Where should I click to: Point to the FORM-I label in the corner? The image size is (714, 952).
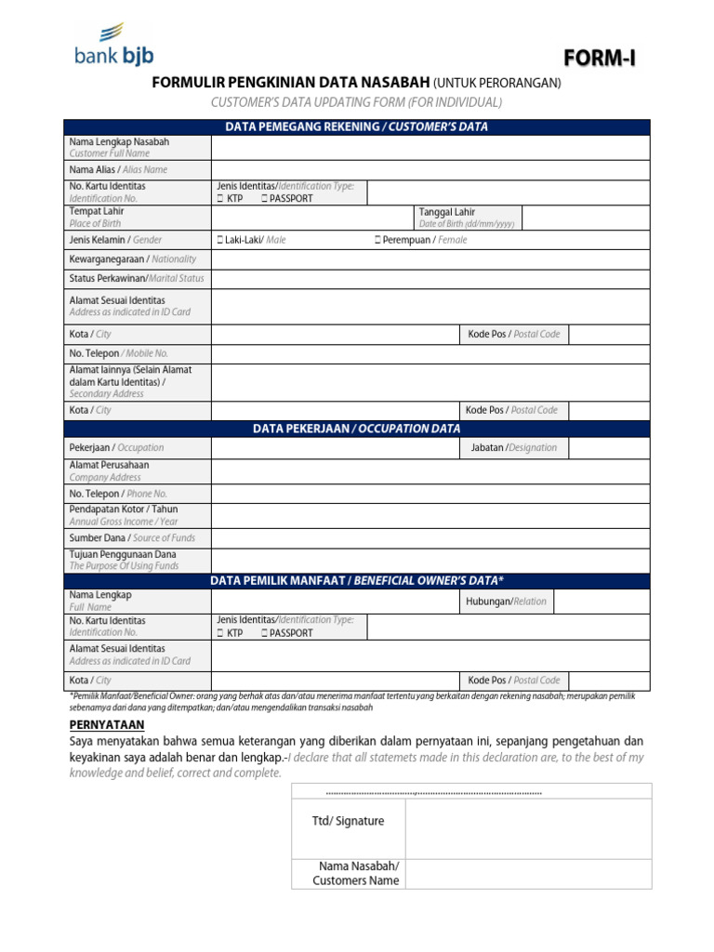point(601,59)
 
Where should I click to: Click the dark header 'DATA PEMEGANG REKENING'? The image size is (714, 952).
point(357,127)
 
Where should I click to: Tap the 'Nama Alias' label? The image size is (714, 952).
point(118,170)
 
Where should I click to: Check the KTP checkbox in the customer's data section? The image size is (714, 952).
point(220,199)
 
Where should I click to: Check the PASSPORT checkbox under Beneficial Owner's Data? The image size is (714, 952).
point(265,633)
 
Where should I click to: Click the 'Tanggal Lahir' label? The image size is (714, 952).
point(446,212)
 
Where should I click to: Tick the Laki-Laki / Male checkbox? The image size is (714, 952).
point(220,240)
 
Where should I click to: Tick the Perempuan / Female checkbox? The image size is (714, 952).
point(378,240)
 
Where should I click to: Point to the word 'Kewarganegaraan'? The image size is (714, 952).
point(108,259)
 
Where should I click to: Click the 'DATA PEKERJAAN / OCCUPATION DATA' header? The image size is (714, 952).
point(357,429)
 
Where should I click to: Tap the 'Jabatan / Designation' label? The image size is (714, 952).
point(512,447)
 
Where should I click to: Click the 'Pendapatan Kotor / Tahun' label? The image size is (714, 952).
point(124,509)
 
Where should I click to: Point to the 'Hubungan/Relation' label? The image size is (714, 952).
point(506,602)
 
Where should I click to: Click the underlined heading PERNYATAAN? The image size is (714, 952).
point(107,724)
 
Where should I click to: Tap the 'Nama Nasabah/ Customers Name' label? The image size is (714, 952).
point(356,873)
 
